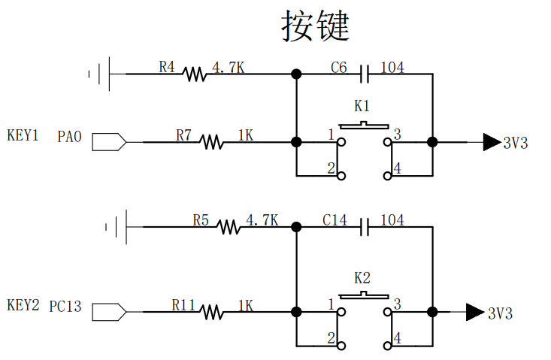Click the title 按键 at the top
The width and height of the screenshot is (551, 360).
point(316,26)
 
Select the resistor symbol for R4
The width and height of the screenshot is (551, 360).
point(195,74)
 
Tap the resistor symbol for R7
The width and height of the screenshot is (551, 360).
point(212,141)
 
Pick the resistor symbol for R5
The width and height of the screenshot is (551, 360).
point(229,226)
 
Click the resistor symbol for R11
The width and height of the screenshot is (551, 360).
point(212,311)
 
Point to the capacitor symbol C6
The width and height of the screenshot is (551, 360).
point(365,74)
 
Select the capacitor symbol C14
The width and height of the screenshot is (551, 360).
point(365,226)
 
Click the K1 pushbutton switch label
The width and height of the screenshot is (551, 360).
point(362,105)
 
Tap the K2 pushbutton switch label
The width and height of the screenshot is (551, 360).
point(362,276)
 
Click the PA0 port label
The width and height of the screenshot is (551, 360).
point(69,137)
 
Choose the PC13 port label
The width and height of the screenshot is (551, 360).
point(65,307)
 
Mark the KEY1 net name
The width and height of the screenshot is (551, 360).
point(23,135)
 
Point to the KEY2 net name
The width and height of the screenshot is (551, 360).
point(23,305)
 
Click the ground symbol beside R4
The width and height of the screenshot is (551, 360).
point(101,74)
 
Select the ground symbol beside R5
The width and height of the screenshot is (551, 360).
point(117,226)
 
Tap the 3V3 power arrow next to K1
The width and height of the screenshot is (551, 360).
point(492,141)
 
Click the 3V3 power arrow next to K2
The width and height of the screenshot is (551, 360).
point(474,311)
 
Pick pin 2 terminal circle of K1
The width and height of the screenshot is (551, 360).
point(341,177)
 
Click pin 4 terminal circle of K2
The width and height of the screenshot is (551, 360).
point(387,346)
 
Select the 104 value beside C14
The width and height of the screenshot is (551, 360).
point(392,220)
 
